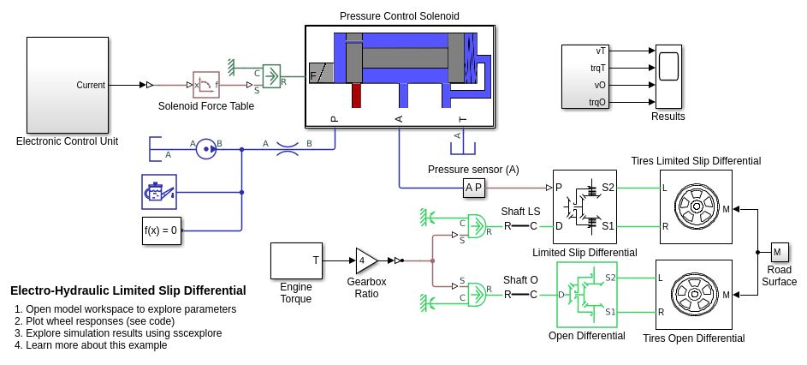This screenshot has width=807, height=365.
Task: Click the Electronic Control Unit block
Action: coord(67,85)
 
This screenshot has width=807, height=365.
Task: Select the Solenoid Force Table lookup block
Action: coord(206,85)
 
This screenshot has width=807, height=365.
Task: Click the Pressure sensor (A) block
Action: coord(473,187)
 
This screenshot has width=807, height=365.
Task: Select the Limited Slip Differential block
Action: coord(584,206)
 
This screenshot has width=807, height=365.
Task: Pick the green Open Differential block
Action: coord(586,295)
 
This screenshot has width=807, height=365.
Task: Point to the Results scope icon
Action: coord(668,76)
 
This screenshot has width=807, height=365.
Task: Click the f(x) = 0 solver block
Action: coord(161,230)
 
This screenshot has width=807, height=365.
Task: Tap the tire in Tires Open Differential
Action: coord(695,295)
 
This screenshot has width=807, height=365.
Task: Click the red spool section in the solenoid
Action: coord(356,95)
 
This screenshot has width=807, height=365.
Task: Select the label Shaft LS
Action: coord(520,212)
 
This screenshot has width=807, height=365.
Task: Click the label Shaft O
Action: coord(520,280)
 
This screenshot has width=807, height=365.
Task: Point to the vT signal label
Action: coord(600,51)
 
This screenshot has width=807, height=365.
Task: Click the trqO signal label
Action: coord(596,102)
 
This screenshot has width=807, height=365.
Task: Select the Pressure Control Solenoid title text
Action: coord(399,16)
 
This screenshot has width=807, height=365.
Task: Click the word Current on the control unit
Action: coord(91,85)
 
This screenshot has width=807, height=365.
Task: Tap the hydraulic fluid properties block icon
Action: coord(159,192)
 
